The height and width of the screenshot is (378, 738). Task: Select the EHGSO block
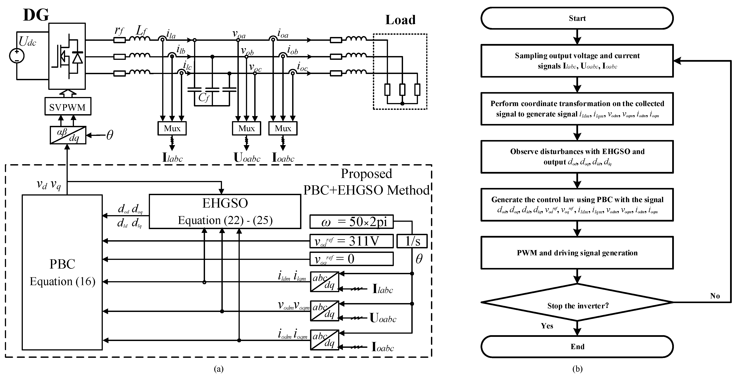point(225,212)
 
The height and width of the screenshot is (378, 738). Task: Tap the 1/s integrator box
point(412,241)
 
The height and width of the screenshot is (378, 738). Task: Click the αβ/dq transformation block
point(68,135)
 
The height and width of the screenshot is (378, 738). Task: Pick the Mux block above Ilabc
point(172,128)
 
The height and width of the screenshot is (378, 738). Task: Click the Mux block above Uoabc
point(246,128)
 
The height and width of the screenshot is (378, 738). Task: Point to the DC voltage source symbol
point(17,56)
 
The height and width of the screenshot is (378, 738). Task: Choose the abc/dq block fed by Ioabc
point(324,340)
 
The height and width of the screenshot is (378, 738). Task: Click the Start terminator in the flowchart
point(577,18)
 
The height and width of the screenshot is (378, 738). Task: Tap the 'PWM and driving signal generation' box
point(577,253)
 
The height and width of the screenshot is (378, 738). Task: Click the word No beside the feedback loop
point(715,296)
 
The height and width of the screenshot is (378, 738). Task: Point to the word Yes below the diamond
point(547,326)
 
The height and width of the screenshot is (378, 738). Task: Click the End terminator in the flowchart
point(577,347)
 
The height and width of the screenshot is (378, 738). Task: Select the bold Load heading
point(400,20)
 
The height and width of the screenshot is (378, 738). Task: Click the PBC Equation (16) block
point(62,272)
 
